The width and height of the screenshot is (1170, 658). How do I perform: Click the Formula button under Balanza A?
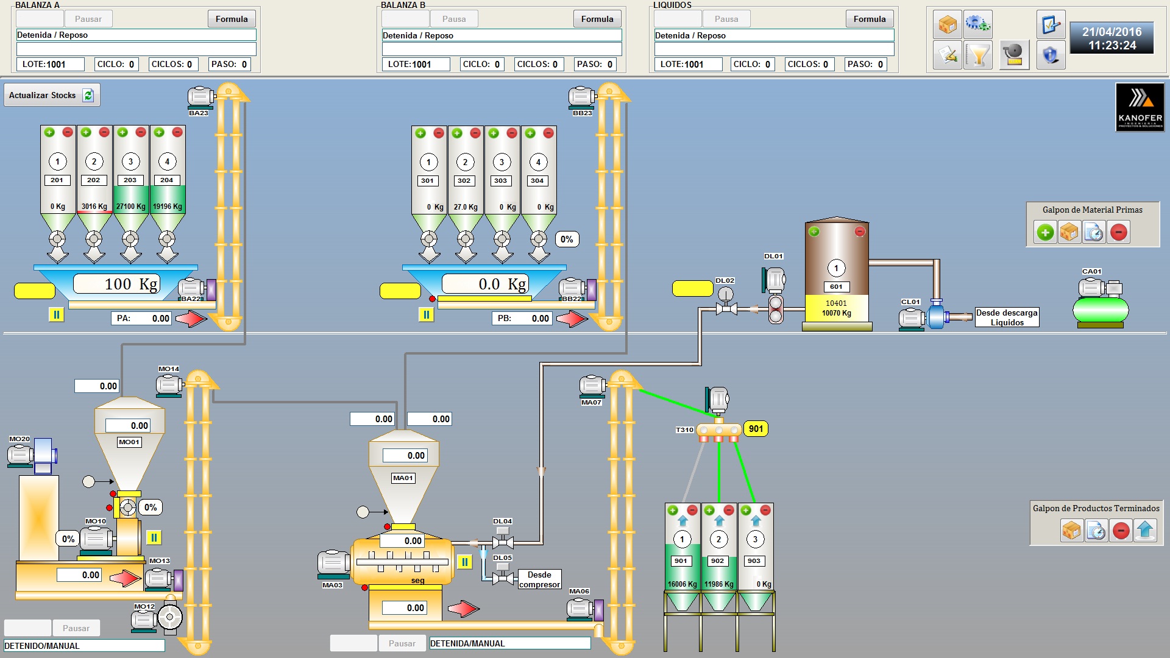[x=232, y=19]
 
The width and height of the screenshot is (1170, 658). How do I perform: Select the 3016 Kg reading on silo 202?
[x=94, y=207]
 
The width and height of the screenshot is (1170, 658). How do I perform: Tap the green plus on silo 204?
[x=159, y=132]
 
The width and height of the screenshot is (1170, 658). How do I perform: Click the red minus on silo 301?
[x=439, y=133]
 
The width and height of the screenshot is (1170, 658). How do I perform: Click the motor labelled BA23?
[x=200, y=96]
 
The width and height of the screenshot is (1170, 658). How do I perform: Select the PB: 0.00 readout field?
[x=522, y=318]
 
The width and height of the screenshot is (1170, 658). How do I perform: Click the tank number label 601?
[x=836, y=286]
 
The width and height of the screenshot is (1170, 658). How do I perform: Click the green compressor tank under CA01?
[x=1101, y=310]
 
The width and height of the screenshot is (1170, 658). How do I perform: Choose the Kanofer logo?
[x=1140, y=107]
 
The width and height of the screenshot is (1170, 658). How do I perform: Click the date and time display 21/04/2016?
[x=1112, y=38]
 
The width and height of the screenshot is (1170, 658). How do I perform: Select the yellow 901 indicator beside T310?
[x=756, y=429]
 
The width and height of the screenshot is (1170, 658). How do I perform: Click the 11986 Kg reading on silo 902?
[x=719, y=584]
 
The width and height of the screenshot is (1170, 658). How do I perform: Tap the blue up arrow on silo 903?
[x=756, y=521]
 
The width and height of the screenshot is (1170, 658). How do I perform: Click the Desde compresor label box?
[x=539, y=579]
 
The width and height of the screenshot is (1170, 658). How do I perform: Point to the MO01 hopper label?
[x=129, y=442]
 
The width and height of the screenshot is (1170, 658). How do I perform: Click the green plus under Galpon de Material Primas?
[x=1046, y=232]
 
